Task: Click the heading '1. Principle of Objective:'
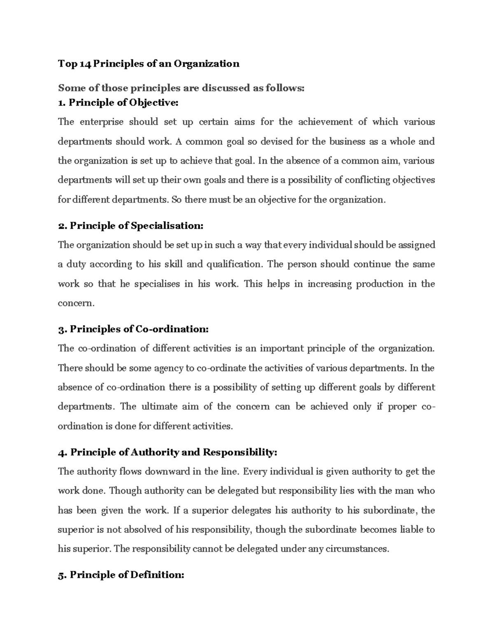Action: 119,102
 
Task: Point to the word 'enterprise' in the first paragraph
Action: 101,122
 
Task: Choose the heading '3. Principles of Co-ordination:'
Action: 133,329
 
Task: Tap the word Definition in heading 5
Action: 157,575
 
